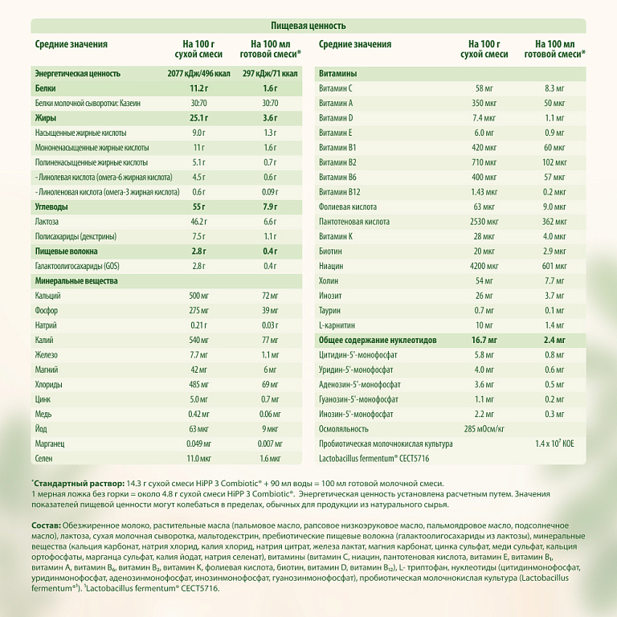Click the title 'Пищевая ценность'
[308, 27]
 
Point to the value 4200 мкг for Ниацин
[484, 265]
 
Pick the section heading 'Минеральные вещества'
[76, 281]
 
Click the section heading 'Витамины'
[337, 72]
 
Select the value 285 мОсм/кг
[484, 428]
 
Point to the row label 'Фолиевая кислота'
[348, 206]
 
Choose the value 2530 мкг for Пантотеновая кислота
[484, 220]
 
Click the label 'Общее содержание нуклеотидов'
[378, 340]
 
